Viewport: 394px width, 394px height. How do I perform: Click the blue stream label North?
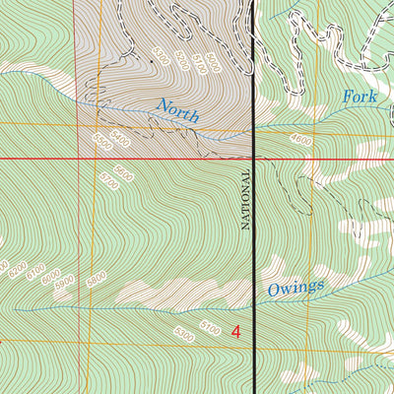[x=177, y=110]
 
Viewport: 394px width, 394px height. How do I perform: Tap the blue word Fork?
[x=359, y=98]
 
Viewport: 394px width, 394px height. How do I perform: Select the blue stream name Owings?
[x=295, y=288]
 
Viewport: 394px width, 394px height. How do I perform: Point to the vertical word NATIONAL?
[x=246, y=198]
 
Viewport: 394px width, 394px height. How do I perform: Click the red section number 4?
[x=235, y=331]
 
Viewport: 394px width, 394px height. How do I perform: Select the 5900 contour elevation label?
[x=65, y=282]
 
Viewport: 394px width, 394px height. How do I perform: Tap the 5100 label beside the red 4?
[x=211, y=325]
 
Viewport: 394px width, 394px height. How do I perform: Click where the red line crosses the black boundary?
[x=254, y=158]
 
